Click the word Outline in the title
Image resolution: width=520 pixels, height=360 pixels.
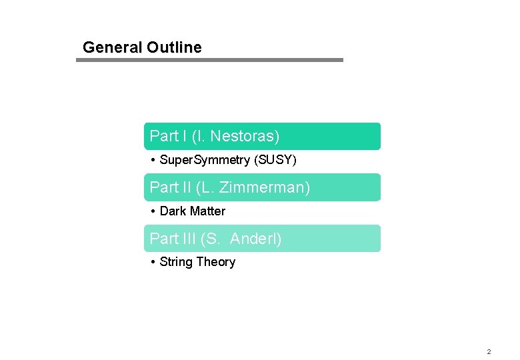174,47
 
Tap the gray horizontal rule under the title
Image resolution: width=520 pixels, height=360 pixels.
209,60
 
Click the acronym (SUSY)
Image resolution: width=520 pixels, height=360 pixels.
275,160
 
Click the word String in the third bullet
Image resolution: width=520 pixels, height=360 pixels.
177,262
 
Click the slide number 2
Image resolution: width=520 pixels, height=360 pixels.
489,351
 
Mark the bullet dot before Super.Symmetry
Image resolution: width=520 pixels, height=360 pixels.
153,160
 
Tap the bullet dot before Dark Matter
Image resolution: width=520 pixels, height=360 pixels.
153,211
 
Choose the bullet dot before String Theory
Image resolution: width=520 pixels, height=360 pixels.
153,262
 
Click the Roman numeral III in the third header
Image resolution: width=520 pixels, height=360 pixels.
189,239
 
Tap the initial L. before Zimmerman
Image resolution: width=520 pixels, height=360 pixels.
209,187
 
